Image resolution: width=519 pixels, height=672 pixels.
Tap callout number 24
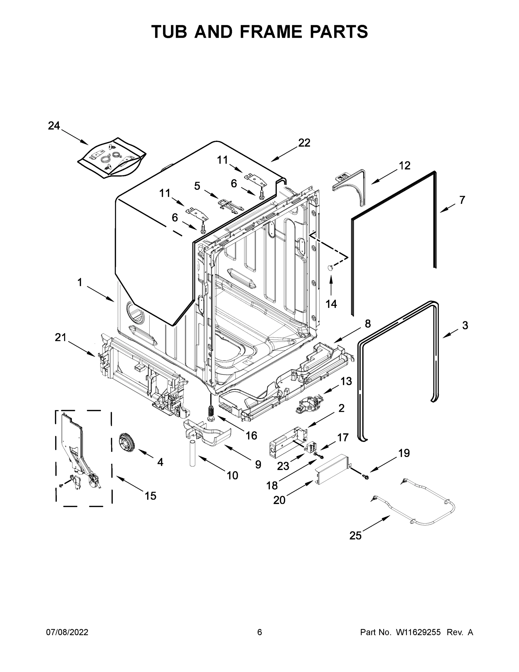pos(54,125)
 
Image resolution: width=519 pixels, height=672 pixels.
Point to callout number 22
pos(304,143)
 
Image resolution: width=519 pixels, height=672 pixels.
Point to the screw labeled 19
pos(366,477)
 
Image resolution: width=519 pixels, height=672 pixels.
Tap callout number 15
pos(150,496)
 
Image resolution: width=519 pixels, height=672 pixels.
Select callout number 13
pos(346,381)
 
